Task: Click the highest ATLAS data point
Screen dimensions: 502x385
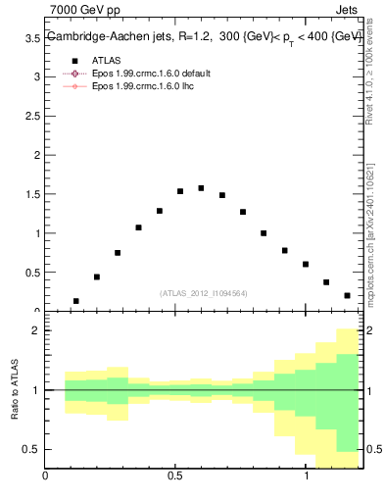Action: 201,188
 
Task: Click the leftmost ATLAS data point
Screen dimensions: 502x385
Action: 76,301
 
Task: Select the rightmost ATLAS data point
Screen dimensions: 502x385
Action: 347,295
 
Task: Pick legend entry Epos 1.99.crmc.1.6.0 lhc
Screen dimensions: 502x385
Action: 139,86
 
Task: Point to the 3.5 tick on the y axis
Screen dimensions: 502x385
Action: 31,37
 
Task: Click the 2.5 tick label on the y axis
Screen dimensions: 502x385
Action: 31,116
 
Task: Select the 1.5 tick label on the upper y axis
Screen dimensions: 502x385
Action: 31,194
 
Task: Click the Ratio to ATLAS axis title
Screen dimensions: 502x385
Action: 13,390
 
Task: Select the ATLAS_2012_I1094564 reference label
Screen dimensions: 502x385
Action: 204,293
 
